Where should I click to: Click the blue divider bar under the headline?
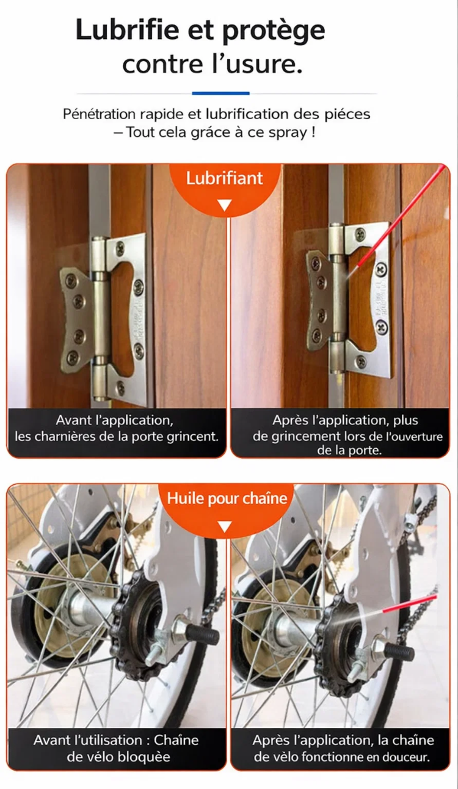tap(221, 93)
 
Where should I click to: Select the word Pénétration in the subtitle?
tap(99, 114)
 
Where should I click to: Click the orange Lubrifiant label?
tap(225, 178)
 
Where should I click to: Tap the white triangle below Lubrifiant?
tap(225, 205)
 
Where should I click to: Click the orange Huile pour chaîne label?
tap(227, 498)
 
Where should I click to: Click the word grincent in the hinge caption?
tap(193, 437)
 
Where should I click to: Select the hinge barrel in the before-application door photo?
tap(100, 317)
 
